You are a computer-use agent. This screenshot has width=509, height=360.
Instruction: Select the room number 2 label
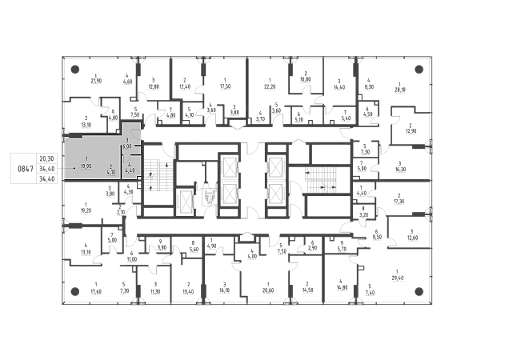tap(111, 166)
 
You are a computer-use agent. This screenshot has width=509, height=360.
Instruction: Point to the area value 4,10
tap(111, 172)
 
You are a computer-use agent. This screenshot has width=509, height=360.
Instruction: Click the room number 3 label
tap(127, 141)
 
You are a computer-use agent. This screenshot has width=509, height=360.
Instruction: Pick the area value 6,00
tap(127, 147)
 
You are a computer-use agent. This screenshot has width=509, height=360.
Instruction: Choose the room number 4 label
tap(129, 164)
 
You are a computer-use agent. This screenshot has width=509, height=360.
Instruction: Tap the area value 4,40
tap(129, 170)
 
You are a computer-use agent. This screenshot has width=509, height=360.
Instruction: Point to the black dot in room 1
tap(74, 169)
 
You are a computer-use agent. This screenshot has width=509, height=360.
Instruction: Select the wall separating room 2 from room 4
tap(120, 168)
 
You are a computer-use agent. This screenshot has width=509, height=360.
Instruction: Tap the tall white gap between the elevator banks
tap(254, 180)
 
